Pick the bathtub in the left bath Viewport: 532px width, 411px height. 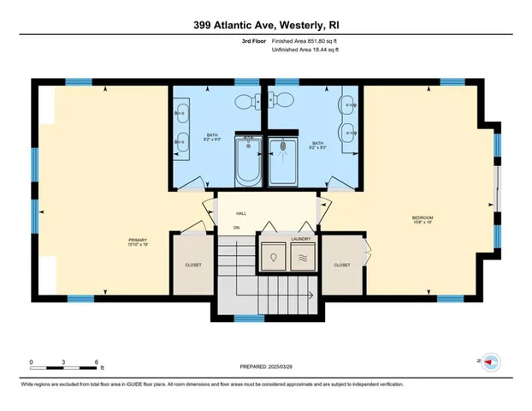click(248, 160)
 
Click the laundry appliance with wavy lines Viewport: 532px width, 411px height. click(301, 257)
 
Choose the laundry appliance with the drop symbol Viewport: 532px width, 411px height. click(275, 257)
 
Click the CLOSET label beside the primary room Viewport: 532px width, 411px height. click(193, 265)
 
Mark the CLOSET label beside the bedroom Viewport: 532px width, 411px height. click(342, 265)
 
